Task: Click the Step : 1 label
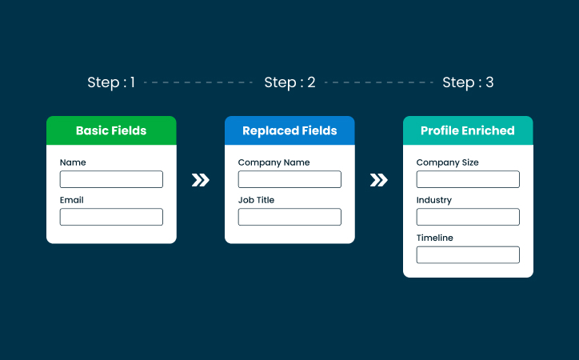pos(111,82)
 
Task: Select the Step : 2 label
pos(289,82)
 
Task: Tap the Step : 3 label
pos(468,82)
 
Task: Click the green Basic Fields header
pos(111,130)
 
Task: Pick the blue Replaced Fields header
pos(289,130)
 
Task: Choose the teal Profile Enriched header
pos(468,130)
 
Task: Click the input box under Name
pos(111,179)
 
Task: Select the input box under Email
pos(111,217)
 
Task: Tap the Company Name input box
pos(289,179)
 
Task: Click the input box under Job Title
pos(289,217)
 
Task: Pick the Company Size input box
pos(468,179)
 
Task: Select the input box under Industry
pos(468,217)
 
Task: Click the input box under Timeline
pos(468,254)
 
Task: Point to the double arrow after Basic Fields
pos(201,180)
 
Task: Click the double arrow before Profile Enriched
pos(379,180)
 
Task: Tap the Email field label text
pos(71,200)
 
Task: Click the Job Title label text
pos(256,200)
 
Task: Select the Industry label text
pos(434,200)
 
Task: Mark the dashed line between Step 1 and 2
pos(199,82)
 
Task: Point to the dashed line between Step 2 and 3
pos(378,82)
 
